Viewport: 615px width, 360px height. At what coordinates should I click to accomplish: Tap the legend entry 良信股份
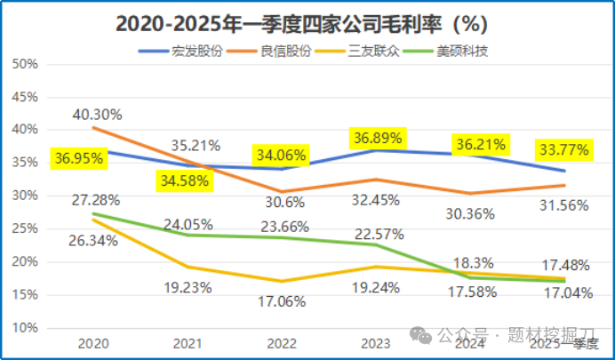pos(286,51)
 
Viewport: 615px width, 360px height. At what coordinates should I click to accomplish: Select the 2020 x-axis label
pos(92,341)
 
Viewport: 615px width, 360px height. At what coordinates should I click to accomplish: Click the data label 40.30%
pos(98,115)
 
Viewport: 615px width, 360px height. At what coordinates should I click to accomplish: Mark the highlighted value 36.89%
pos(378,138)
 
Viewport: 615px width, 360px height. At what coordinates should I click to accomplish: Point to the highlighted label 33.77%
pos(563,150)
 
